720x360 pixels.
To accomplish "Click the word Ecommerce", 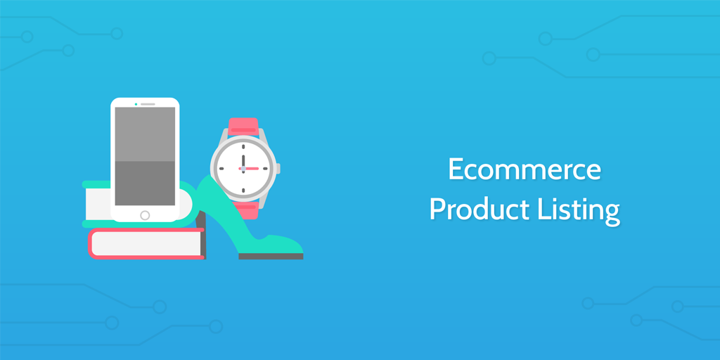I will [x=525, y=170].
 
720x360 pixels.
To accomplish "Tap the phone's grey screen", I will [x=145, y=155].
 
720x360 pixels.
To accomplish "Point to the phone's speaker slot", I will [x=148, y=104].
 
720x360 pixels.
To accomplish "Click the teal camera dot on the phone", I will [x=136, y=104].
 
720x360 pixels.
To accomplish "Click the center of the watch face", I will [x=243, y=169].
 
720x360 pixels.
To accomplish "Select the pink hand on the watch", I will [x=251, y=169].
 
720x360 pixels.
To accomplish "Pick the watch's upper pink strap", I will [x=243, y=126].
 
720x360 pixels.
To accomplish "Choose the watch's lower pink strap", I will [x=244, y=211].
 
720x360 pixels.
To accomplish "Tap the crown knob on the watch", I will [x=278, y=169].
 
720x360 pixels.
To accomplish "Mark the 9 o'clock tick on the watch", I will [x=220, y=169].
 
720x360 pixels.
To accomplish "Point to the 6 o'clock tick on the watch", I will [x=243, y=191].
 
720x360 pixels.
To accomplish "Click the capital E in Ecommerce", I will [x=456, y=170].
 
